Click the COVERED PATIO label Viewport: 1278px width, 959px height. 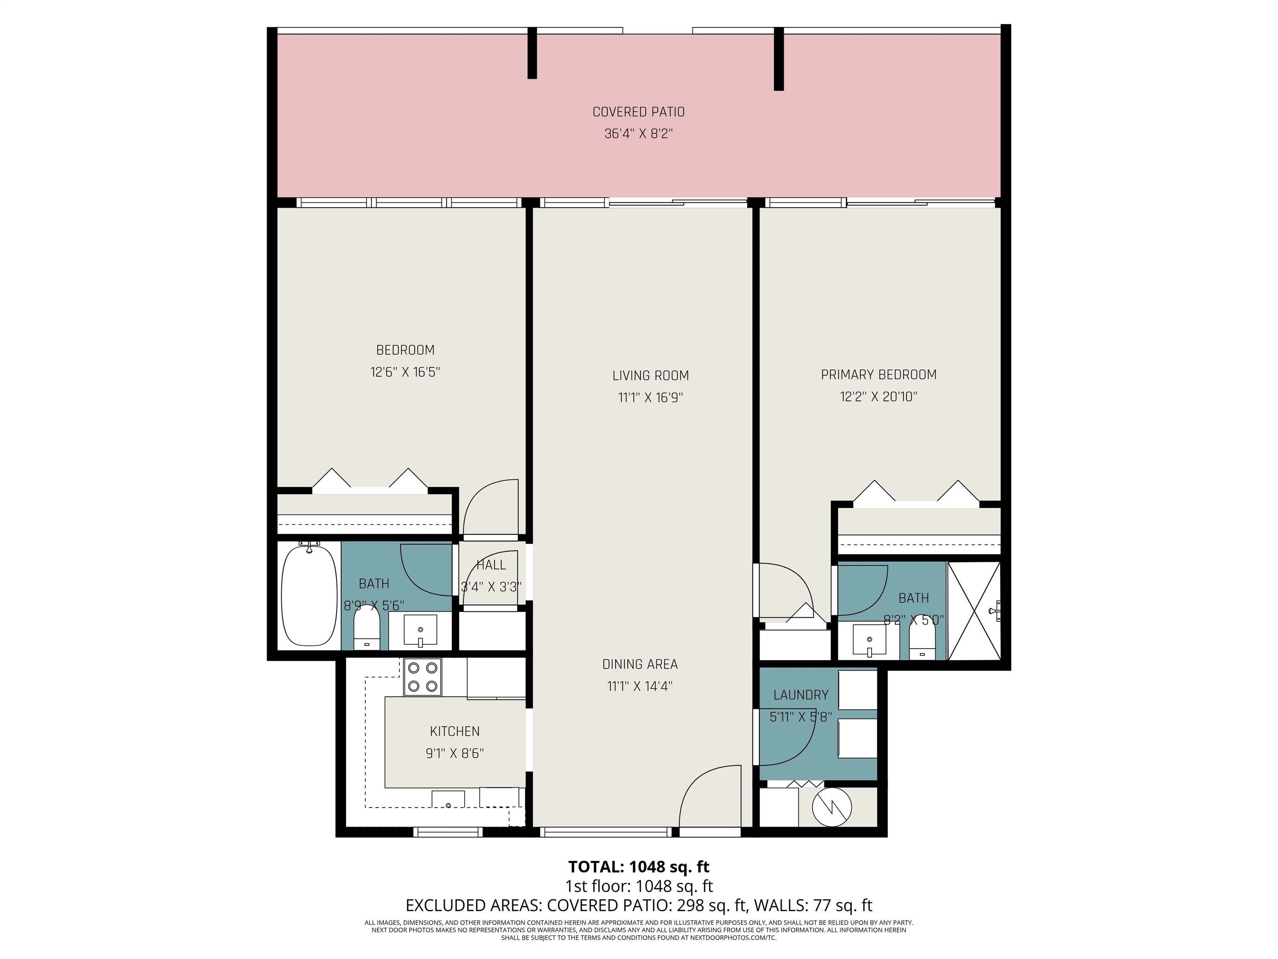[639, 112]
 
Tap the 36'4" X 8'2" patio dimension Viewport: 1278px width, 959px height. [639, 134]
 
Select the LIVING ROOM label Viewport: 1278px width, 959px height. [651, 376]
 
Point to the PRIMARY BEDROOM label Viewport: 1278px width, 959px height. [878, 375]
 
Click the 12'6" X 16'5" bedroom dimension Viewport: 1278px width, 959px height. [405, 372]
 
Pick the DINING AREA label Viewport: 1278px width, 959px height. [639, 665]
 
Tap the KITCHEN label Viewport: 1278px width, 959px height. [455, 732]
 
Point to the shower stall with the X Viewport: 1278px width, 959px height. [974, 611]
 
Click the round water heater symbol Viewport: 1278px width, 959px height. [832, 807]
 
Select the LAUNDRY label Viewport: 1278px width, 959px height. [801, 695]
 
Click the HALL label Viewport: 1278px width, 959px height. [491, 565]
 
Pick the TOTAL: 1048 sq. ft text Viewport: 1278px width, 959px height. [639, 867]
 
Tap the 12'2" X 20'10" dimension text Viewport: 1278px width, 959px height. [878, 397]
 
